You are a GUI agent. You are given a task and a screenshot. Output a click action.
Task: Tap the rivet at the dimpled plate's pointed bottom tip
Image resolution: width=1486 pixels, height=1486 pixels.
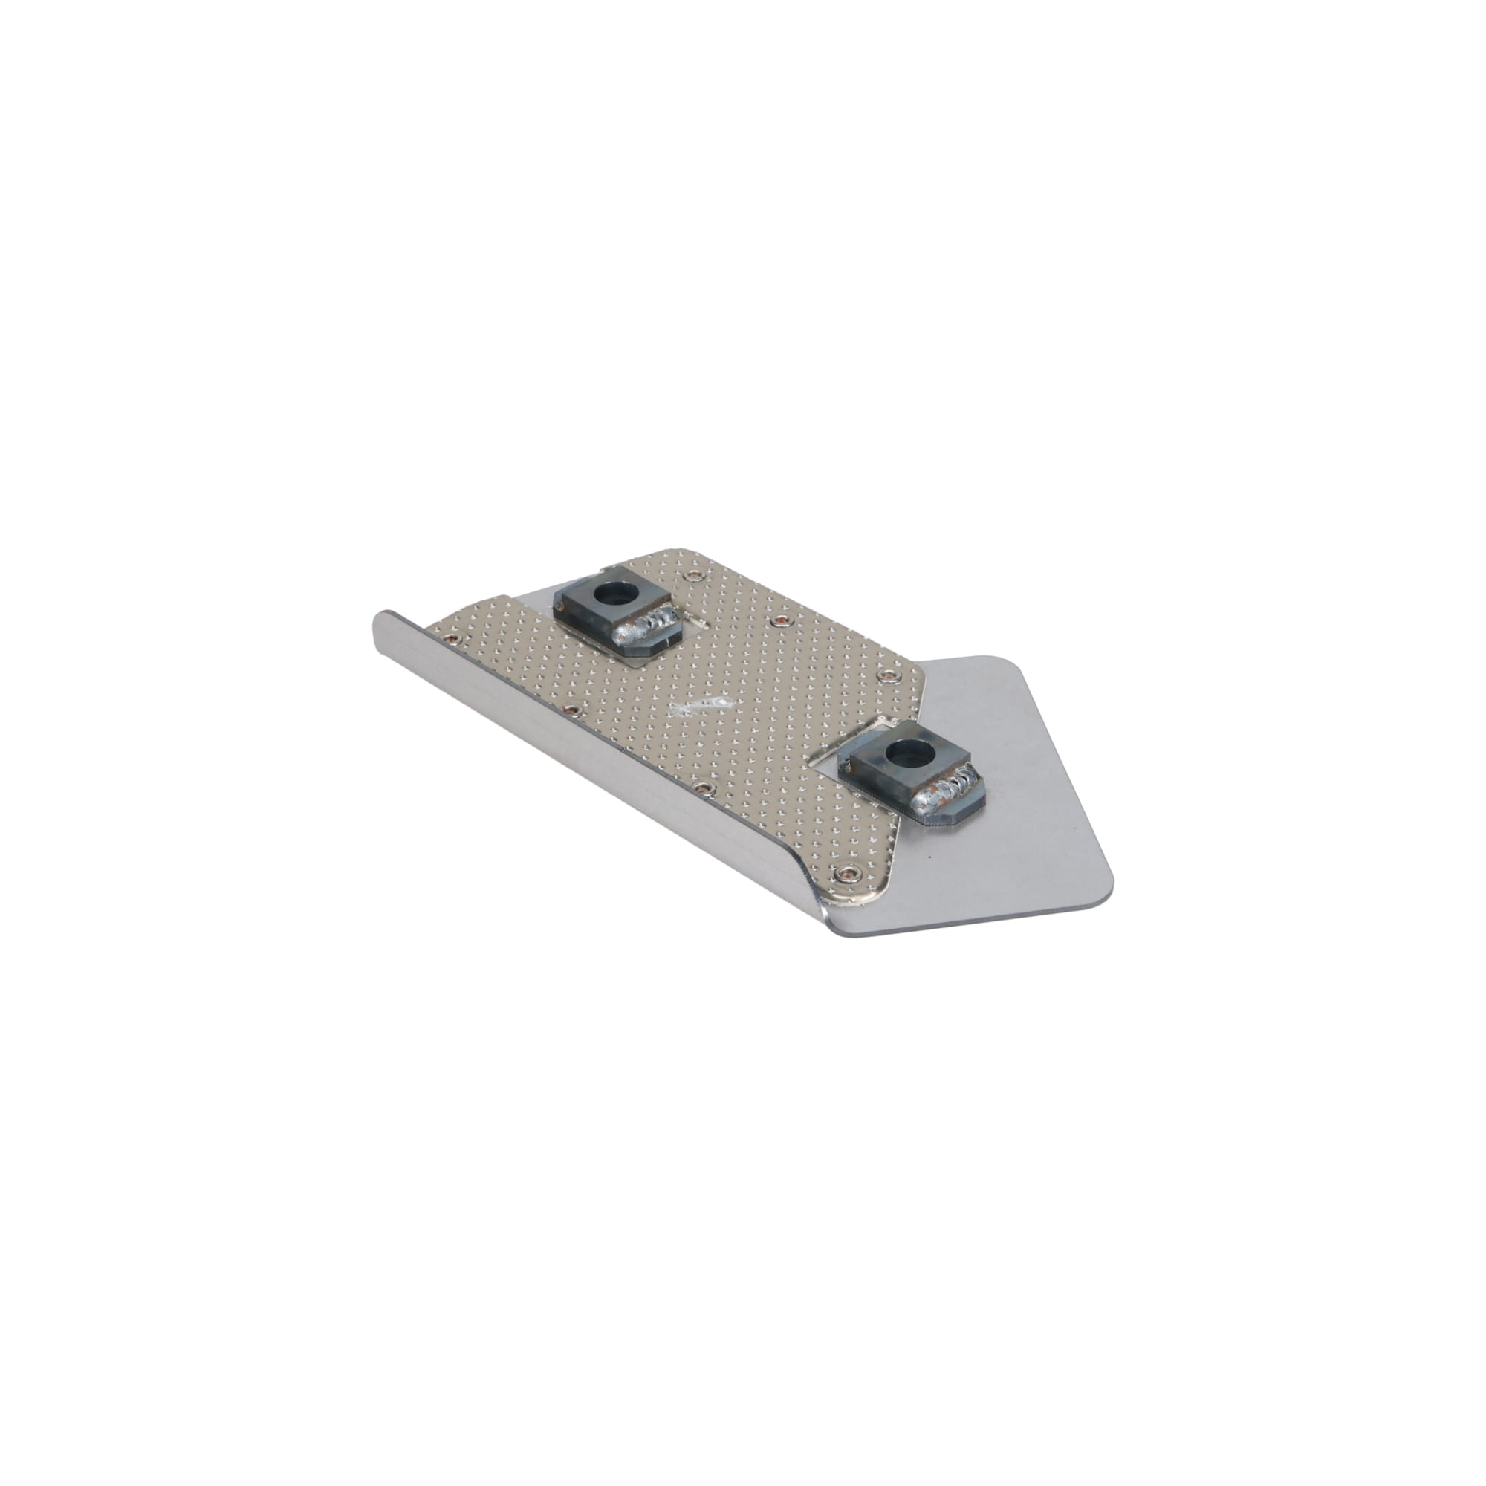(x=849, y=872)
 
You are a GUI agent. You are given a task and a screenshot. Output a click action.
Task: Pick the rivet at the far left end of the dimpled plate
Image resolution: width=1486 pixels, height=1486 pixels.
(x=455, y=637)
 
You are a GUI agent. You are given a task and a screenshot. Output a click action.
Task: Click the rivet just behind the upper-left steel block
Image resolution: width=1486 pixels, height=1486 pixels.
(x=695, y=574)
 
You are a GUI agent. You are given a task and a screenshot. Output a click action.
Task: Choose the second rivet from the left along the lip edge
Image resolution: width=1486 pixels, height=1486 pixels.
(x=571, y=708)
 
